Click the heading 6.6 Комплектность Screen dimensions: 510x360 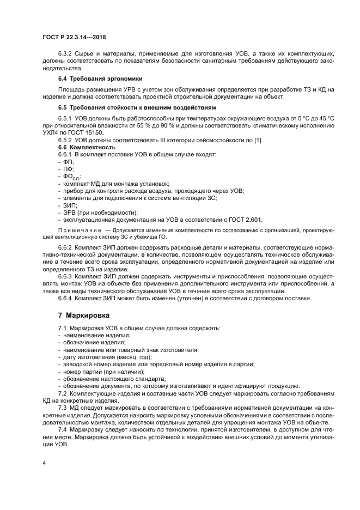tap(87, 148)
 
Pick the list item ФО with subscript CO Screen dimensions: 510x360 tap(72, 177)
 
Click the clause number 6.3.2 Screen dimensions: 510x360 tap(68, 54)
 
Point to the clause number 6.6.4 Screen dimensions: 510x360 tap(68, 298)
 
